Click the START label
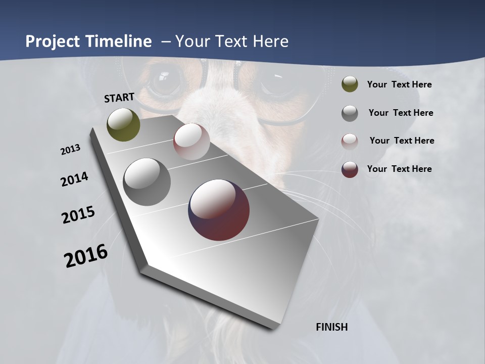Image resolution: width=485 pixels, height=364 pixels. pyautogui.click(x=119, y=98)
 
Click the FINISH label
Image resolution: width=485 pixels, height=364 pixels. pyautogui.click(x=331, y=327)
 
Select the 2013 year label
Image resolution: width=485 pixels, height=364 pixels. pyautogui.click(x=71, y=150)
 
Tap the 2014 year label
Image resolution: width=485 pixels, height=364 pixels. pyautogui.click(x=74, y=179)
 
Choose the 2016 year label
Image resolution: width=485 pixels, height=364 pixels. pyautogui.click(x=86, y=256)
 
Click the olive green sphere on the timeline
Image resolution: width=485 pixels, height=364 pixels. pyautogui.click(x=123, y=124)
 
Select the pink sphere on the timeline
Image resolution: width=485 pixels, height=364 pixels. pyautogui.click(x=191, y=142)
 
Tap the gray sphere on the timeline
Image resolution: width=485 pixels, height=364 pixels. pyautogui.click(x=147, y=182)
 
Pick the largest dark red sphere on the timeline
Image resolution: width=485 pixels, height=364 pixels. pyautogui.click(x=219, y=210)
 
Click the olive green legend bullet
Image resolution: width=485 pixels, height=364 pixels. pyautogui.click(x=350, y=84)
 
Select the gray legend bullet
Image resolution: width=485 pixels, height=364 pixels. pyautogui.click(x=350, y=113)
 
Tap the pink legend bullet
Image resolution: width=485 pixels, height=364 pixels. pyautogui.click(x=350, y=141)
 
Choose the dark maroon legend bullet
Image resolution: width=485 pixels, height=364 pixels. pyautogui.click(x=350, y=169)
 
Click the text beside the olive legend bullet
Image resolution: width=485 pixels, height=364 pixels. pyautogui.click(x=399, y=84)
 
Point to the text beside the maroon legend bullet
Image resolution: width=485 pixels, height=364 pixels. pyautogui.click(x=399, y=169)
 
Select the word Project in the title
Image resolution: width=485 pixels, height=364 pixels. pyautogui.click(x=53, y=41)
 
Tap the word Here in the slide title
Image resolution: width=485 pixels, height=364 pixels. pyautogui.click(x=269, y=41)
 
